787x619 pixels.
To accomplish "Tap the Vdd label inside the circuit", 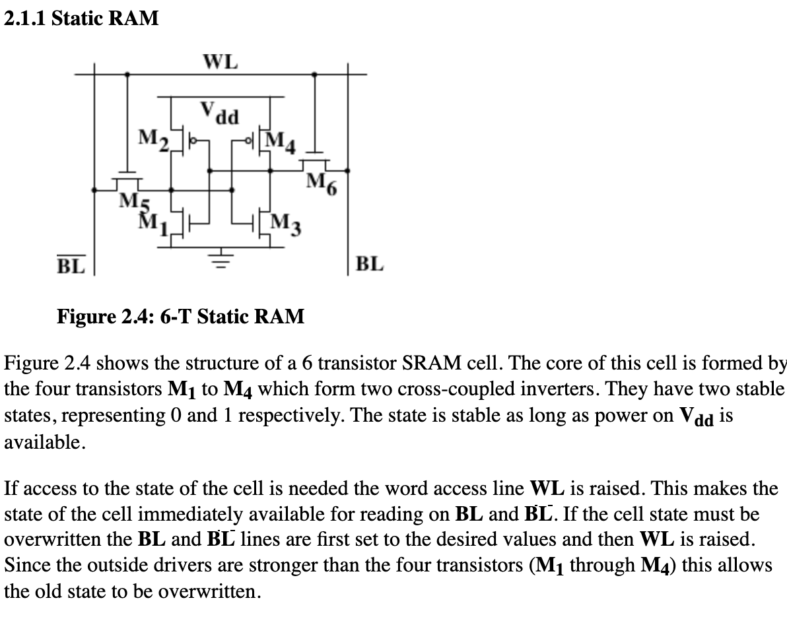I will pos(220,113).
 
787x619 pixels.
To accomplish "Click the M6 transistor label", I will pos(322,183).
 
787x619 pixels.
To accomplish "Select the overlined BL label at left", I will pos(70,265).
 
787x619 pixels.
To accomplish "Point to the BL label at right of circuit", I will pos(368,265).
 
